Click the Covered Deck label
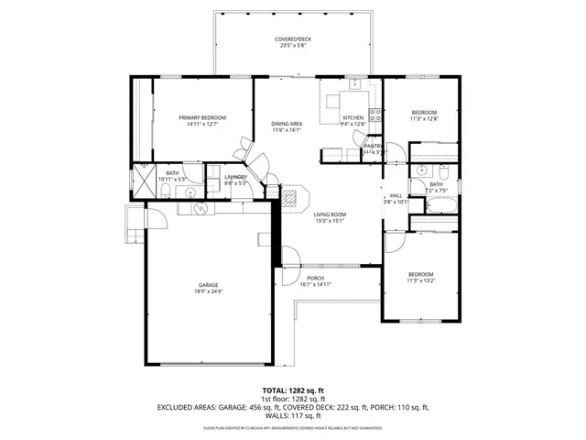coord(293,39)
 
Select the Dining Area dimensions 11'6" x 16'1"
coord(287,130)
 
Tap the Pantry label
coord(372,146)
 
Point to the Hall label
coord(396,195)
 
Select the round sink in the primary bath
coord(190,192)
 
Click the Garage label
coord(208,285)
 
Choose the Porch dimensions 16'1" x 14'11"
coord(315,284)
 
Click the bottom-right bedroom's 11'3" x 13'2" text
coord(420,281)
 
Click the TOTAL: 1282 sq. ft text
coord(293,390)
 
